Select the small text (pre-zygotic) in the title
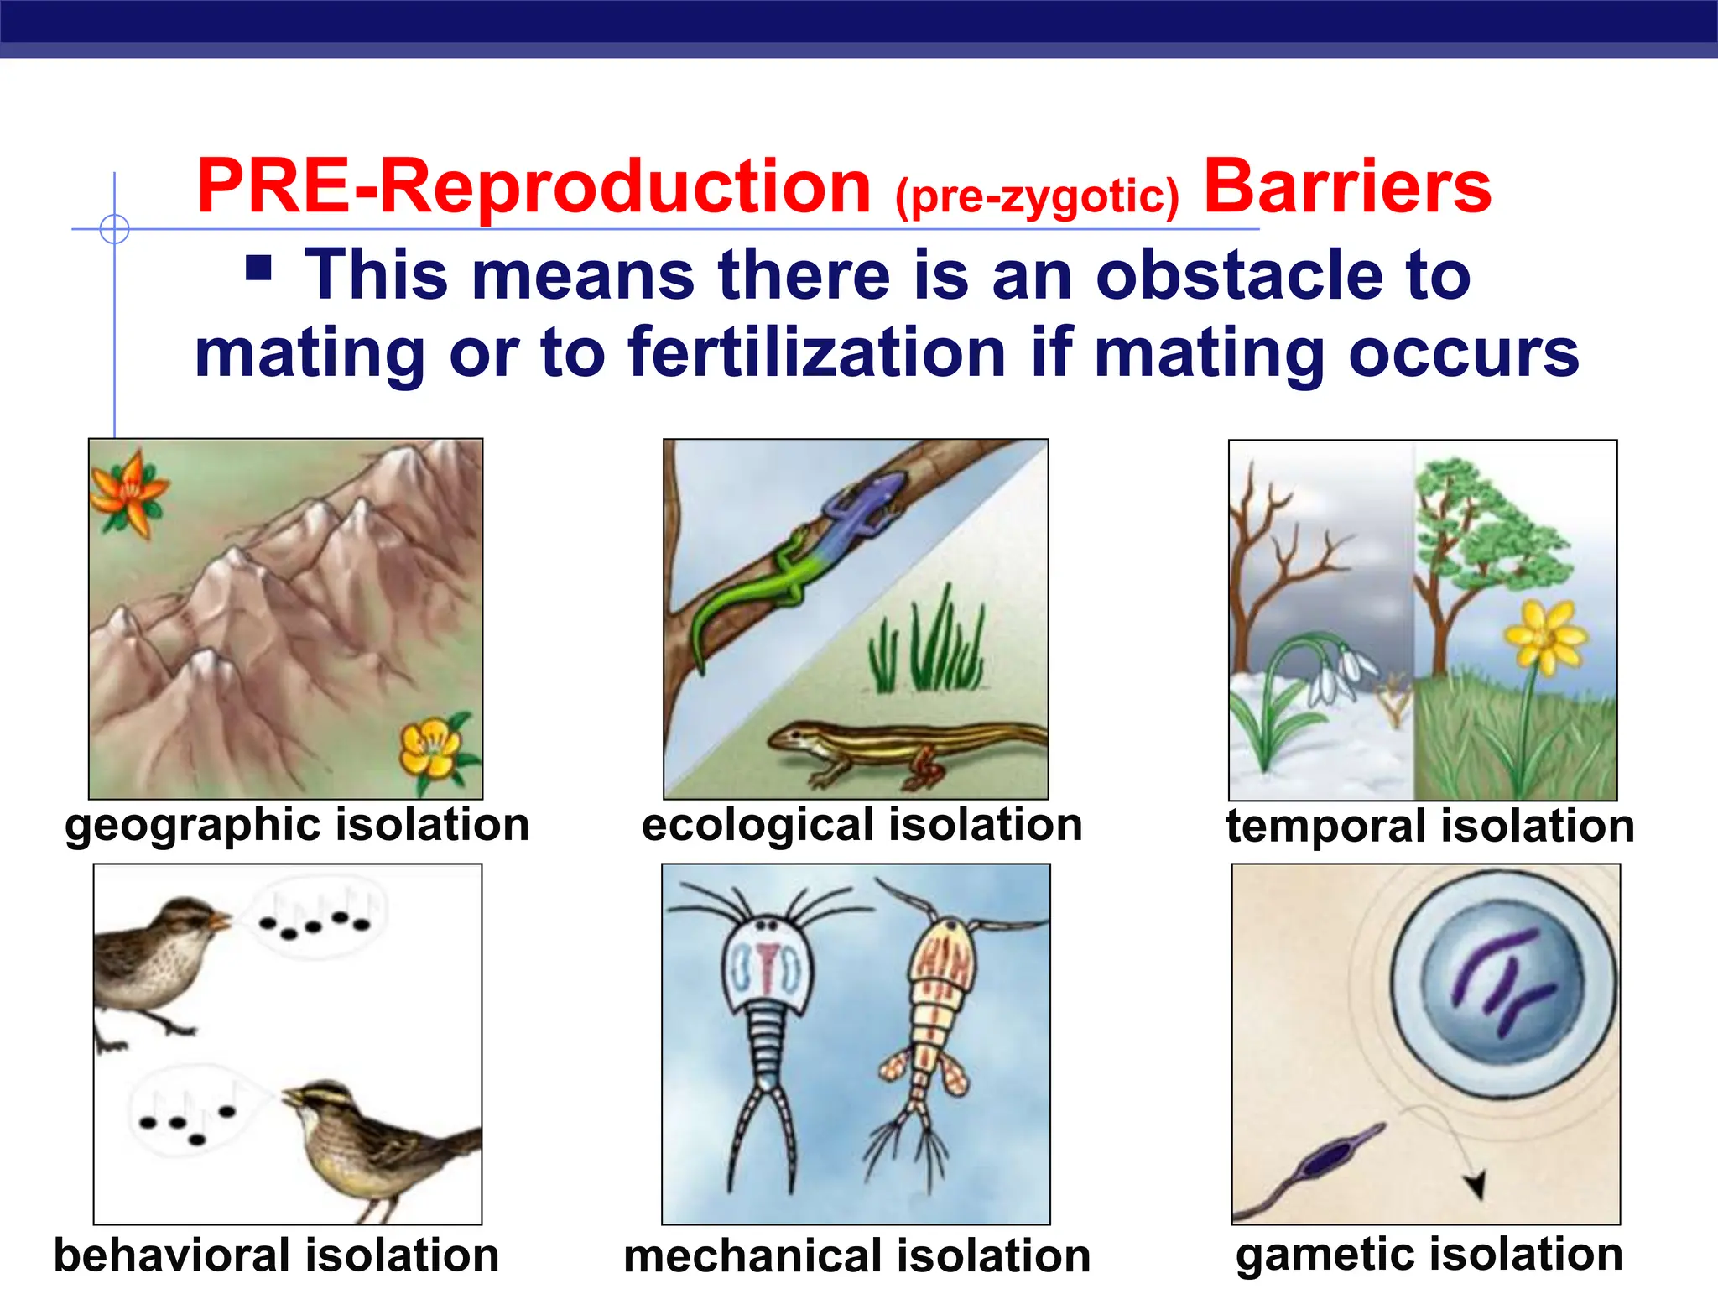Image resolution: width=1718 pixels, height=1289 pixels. (x=1037, y=196)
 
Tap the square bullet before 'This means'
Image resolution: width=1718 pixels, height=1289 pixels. (x=259, y=268)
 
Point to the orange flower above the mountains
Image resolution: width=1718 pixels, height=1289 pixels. (x=128, y=493)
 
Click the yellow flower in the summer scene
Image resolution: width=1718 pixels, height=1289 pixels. (x=1545, y=638)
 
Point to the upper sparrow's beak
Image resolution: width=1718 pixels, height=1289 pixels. (x=220, y=921)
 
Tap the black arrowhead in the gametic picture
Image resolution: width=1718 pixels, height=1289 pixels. (x=1475, y=1184)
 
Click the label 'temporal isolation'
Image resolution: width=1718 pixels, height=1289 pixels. (x=1430, y=826)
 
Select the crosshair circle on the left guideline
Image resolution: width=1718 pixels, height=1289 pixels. (x=114, y=228)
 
